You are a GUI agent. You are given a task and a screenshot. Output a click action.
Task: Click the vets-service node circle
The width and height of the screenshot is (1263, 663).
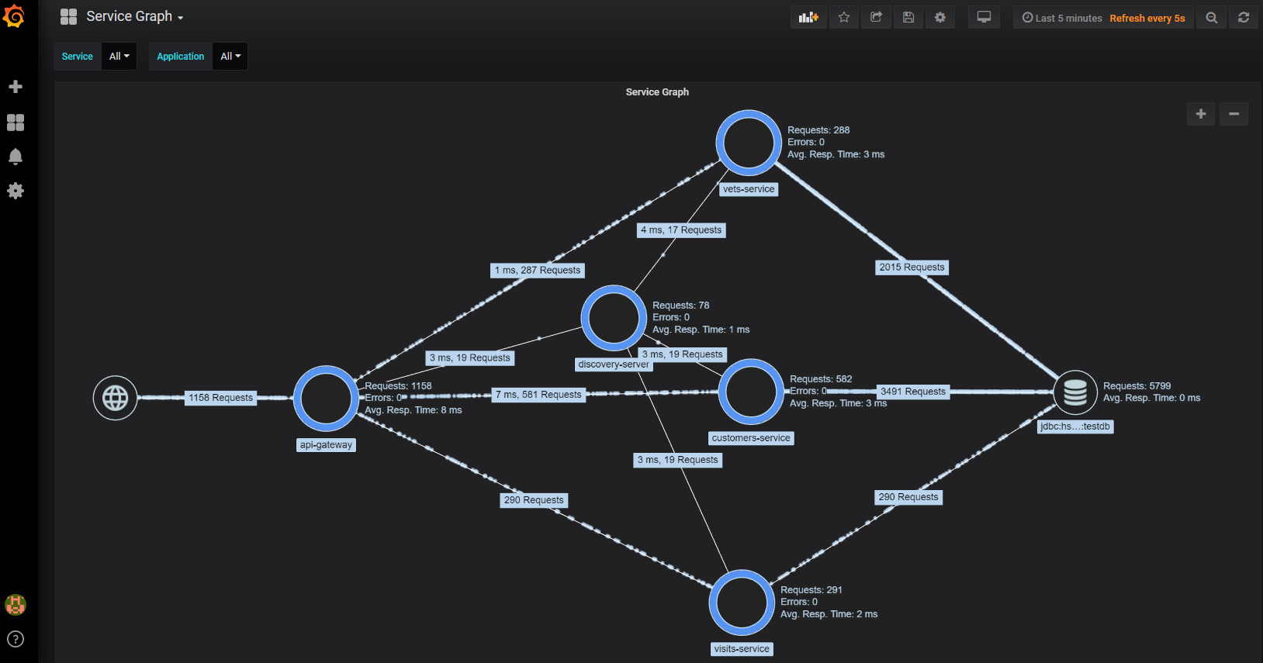coord(749,143)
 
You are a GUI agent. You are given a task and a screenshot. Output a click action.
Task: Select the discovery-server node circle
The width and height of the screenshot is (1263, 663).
coord(614,318)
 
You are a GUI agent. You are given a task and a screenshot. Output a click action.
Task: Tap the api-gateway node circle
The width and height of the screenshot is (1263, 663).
coord(327,399)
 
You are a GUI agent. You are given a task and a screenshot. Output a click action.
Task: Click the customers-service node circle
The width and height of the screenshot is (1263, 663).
coord(751,392)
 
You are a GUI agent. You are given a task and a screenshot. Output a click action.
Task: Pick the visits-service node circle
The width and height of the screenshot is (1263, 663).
coord(742,603)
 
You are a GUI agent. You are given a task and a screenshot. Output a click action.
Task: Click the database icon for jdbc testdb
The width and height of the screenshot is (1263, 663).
coord(1075,392)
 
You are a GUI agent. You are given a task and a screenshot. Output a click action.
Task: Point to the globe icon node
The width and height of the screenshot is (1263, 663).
coord(116,398)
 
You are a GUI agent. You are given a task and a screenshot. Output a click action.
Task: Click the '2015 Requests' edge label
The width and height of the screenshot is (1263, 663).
coord(912,268)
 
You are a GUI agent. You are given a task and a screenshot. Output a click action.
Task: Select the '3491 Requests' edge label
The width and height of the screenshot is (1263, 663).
coord(913,392)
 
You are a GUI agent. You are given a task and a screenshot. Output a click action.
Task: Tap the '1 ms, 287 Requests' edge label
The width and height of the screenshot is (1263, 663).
coord(538,271)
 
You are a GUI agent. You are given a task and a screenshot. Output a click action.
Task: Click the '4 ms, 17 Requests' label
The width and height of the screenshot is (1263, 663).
coord(681,230)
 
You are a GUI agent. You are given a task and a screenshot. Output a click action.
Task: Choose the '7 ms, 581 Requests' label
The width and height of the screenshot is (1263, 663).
coord(538,395)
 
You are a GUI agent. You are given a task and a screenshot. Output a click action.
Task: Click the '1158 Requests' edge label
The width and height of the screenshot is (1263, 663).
coord(220,398)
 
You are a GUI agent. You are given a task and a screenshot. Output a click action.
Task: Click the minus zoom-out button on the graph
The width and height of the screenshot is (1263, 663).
coord(1234,114)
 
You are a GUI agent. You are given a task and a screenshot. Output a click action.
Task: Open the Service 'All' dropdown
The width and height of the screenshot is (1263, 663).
coord(119,57)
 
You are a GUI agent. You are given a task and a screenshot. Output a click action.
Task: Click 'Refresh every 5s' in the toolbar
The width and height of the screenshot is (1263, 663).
coord(1147,18)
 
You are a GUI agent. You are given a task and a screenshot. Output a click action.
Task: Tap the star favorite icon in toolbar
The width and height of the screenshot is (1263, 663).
coord(844,17)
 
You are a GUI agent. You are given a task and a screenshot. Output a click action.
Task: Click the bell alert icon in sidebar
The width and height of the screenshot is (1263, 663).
coord(16,157)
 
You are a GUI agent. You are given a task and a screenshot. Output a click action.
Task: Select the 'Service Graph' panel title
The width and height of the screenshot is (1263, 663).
coord(657,92)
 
